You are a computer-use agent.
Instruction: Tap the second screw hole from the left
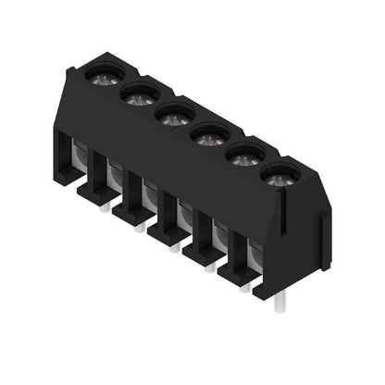pos(139,93)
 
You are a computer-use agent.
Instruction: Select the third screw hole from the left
pos(173,115)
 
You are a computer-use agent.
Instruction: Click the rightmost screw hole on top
pos(279,176)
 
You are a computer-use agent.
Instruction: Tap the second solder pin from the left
pos(141,226)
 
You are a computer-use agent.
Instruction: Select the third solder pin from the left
pos(175,246)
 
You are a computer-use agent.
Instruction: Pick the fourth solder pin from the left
pos(210,267)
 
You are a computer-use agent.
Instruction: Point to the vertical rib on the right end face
pos(324,239)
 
